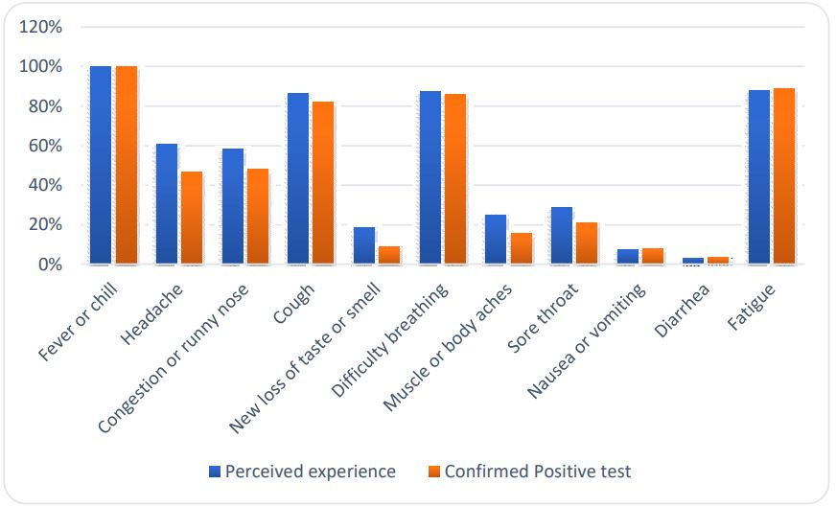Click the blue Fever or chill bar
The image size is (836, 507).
pyautogui.click(x=101, y=165)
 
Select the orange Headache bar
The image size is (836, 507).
pyautogui.click(x=193, y=218)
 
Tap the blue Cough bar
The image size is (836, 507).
pyautogui.click(x=298, y=178)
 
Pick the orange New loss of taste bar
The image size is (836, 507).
pyautogui.click(x=389, y=255)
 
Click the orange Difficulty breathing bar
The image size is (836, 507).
pyautogui.click(x=454, y=178)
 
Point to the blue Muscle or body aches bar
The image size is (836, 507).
pyautogui.click(x=495, y=240)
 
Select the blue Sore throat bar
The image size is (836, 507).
pyautogui.click(x=561, y=236)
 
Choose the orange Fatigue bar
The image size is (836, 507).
pyautogui.click(x=783, y=176)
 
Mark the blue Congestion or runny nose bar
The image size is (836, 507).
pyautogui.click(x=232, y=206)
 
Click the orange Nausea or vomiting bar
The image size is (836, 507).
pyautogui.click(x=652, y=256)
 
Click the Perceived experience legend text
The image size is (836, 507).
pyautogui.click(x=311, y=472)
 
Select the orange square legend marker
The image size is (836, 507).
pyautogui.click(x=433, y=472)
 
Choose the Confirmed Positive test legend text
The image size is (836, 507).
pyautogui.click(x=537, y=472)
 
